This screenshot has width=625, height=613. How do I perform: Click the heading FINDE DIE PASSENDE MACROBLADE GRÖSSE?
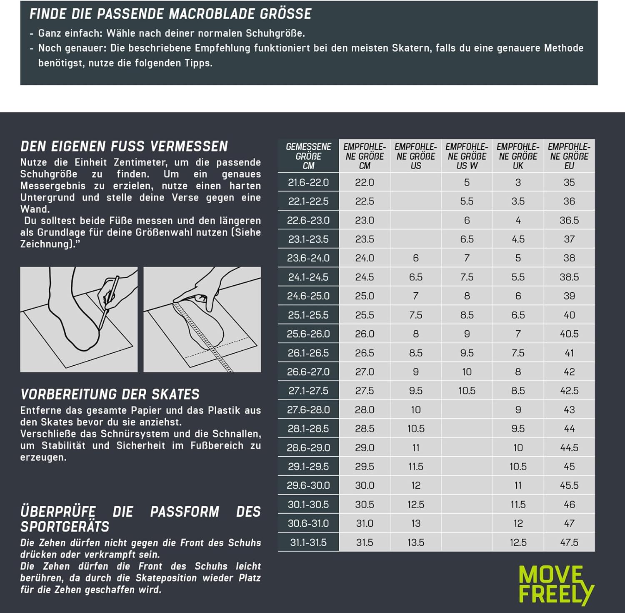click(x=170, y=14)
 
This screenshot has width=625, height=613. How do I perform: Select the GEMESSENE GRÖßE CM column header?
click(x=308, y=156)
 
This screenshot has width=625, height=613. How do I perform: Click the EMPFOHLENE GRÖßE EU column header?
click(x=569, y=156)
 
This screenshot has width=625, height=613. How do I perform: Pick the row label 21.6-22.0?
click(x=308, y=182)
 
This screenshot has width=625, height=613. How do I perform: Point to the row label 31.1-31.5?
click(x=308, y=543)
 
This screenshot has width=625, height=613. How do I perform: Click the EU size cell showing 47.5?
click(x=569, y=543)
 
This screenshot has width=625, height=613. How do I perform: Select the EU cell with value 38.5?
click(x=569, y=277)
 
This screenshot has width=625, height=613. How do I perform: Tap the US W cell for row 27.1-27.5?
click(x=467, y=391)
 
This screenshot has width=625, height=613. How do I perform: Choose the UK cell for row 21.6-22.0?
click(x=518, y=182)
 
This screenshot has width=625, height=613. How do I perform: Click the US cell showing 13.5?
click(x=416, y=543)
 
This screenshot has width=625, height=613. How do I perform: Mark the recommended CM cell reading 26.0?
click(x=365, y=334)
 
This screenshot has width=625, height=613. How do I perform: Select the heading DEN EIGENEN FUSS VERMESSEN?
click(x=124, y=146)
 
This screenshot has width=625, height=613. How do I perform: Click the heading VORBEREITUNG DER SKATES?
click(x=110, y=394)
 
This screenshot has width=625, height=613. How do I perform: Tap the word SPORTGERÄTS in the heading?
click(x=65, y=527)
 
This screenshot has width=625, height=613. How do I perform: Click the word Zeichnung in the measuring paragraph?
click(x=44, y=244)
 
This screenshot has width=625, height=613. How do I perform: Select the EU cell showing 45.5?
click(x=569, y=485)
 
